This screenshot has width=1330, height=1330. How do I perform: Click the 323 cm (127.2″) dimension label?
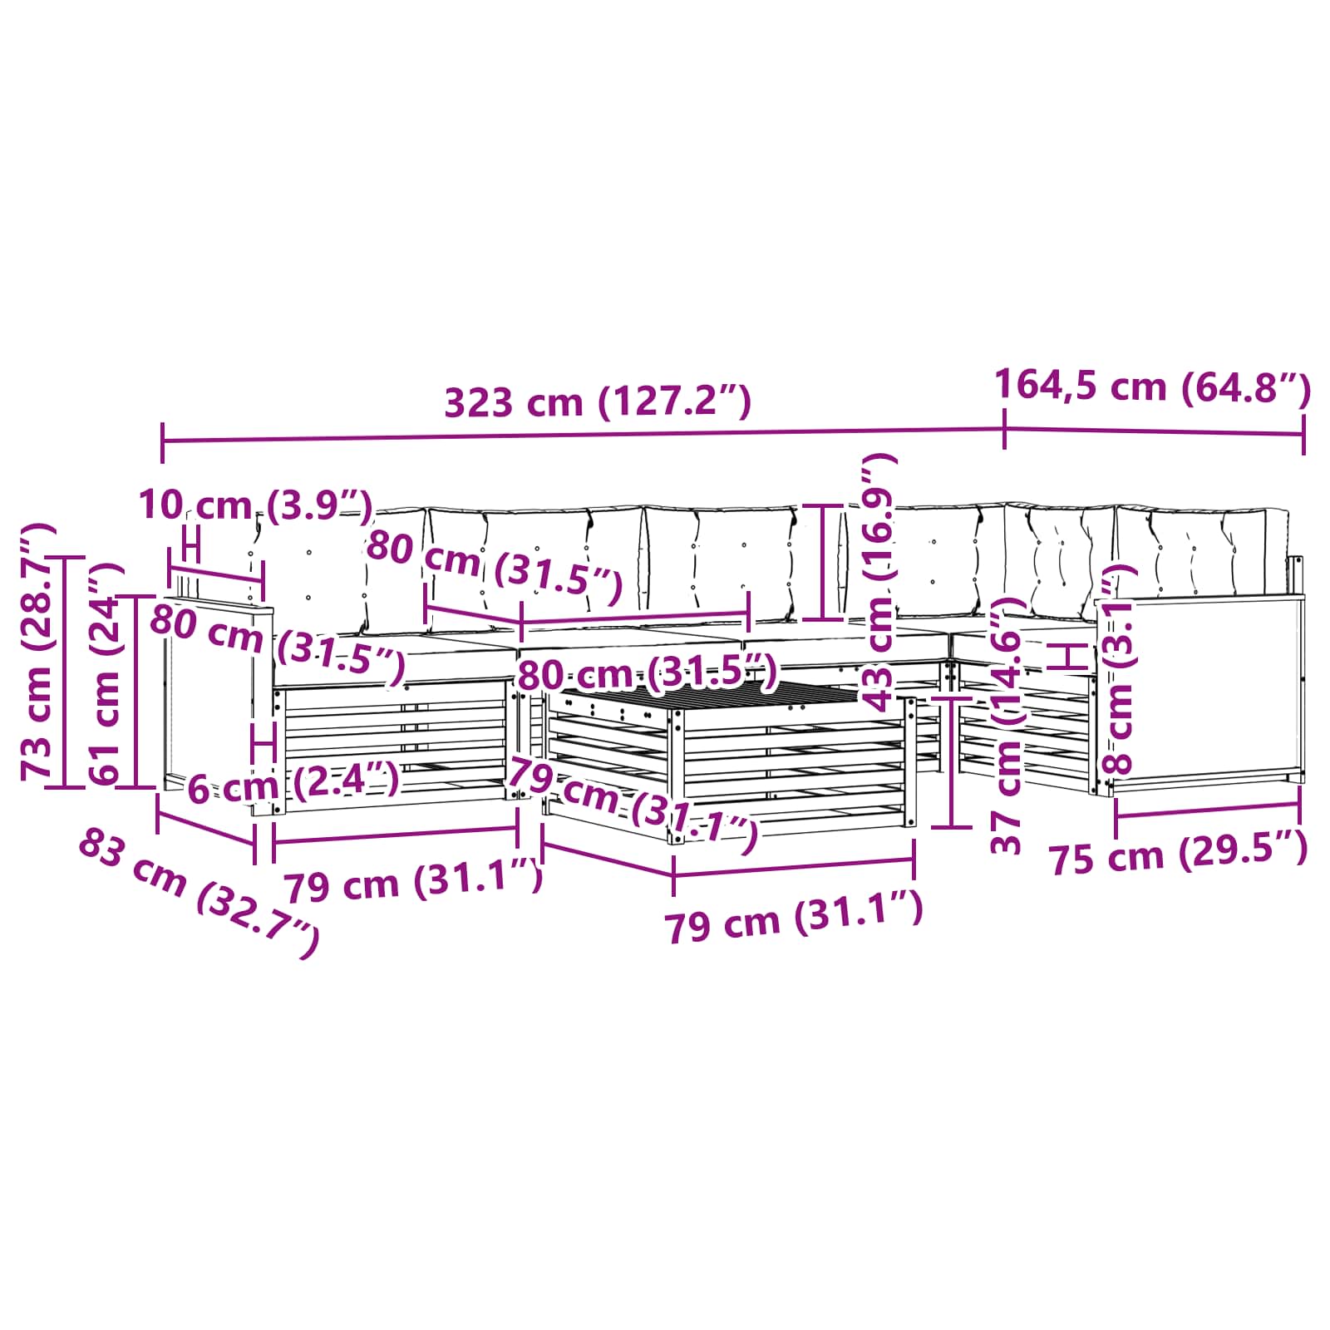[x=598, y=402]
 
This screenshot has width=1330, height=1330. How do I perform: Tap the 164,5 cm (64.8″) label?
[x=1152, y=387]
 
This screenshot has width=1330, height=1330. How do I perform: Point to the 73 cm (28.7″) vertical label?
[x=38, y=651]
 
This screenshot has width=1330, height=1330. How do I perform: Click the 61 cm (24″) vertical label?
[x=107, y=673]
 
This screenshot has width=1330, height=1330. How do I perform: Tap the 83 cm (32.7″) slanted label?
[x=199, y=894]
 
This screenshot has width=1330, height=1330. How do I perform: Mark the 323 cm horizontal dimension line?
[x=582, y=436]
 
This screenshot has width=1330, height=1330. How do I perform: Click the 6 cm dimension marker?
[x=264, y=742]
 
